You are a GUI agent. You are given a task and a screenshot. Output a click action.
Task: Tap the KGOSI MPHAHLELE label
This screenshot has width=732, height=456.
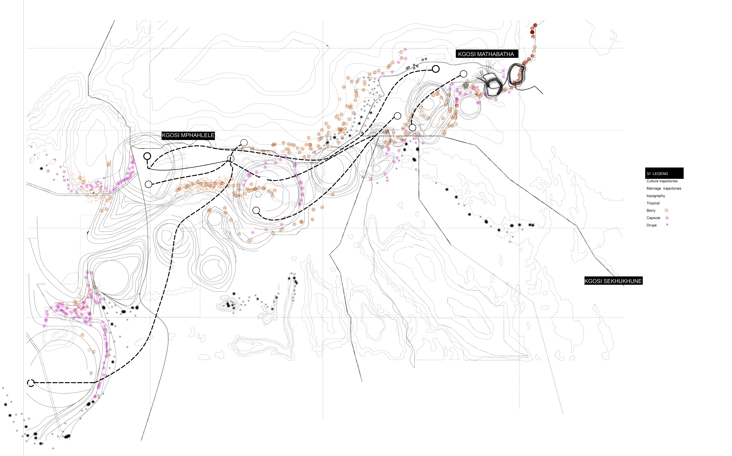point(188,135)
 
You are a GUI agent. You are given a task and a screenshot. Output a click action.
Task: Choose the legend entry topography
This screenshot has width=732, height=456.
point(656,196)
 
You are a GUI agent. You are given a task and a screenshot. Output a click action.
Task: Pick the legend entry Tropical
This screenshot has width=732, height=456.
point(653,203)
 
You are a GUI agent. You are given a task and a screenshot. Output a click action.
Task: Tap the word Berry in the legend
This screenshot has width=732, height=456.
point(651,210)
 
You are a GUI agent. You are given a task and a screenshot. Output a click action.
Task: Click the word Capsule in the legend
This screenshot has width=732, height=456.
point(653,218)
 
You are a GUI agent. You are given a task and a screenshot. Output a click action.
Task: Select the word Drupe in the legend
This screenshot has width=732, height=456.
point(651,225)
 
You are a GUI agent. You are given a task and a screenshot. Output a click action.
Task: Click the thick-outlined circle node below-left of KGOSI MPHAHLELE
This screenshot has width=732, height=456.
point(147,156)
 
